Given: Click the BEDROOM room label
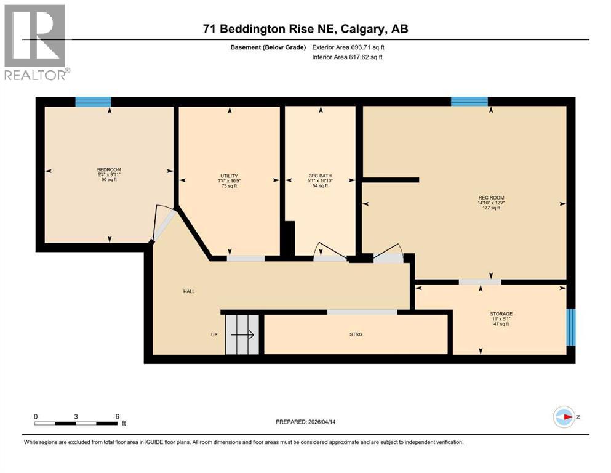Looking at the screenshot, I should coord(109,170).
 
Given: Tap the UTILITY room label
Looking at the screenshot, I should coord(229,176).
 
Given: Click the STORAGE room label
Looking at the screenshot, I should coord(501,314).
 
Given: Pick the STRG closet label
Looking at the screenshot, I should coord(356,334).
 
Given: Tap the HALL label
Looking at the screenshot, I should coord(188,291).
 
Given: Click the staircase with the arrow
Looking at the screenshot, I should coord(242,334).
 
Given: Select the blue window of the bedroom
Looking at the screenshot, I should coord(93,102).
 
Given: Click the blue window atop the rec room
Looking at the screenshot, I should coord(469,102).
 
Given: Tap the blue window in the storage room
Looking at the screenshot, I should coord(570,326).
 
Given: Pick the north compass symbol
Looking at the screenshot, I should coord(564,417).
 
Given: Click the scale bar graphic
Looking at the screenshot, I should coord(76,422).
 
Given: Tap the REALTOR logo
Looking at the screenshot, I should coord(35,42).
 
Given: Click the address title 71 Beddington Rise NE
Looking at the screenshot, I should coord(306,29).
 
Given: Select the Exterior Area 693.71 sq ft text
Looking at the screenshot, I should coord(351,47).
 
